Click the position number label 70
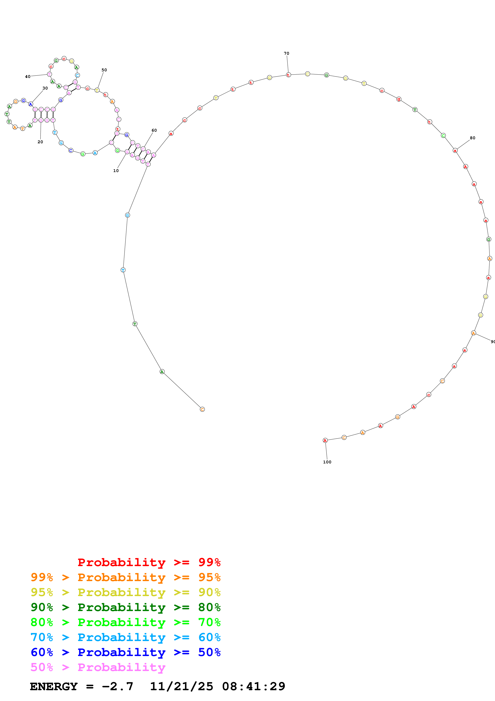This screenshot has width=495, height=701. (x=286, y=53)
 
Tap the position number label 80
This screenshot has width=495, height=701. (x=472, y=138)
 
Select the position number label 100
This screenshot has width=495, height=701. (x=327, y=462)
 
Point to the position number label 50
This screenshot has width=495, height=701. (x=104, y=70)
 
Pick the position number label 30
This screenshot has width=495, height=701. (x=45, y=88)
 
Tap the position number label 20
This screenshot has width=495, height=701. (x=40, y=142)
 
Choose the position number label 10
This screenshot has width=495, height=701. (x=116, y=171)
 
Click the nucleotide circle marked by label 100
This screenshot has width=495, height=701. (x=325, y=440)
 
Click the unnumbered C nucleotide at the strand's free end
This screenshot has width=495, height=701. (x=202, y=409)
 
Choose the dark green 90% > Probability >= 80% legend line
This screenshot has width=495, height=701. (x=126, y=607)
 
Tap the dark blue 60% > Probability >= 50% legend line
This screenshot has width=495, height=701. (x=126, y=652)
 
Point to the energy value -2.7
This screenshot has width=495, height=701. (x=117, y=686)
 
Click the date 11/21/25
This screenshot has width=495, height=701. (x=182, y=686)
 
